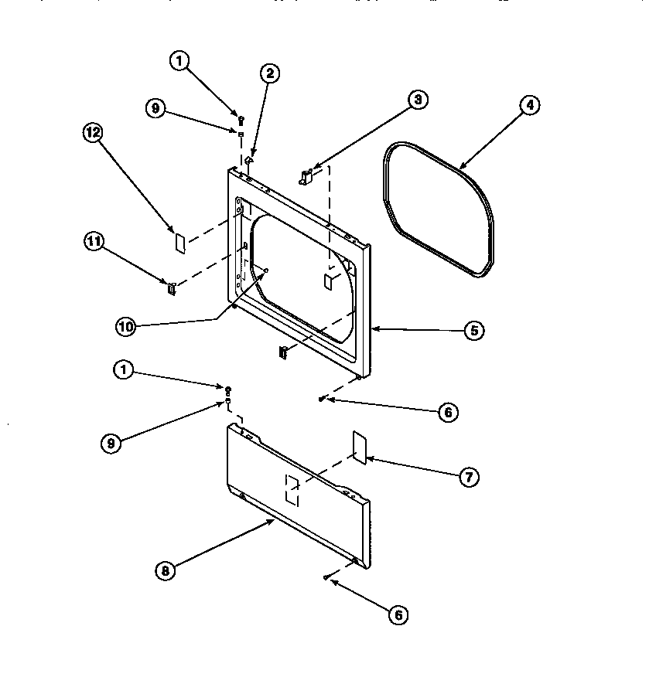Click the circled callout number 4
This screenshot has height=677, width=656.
coord(529,106)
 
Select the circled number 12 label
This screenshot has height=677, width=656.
coord(93,132)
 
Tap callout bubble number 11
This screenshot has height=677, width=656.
coord(93,242)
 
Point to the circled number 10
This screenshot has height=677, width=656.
coord(125,327)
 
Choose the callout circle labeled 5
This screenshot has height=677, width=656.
coord(473,330)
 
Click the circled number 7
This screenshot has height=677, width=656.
coord(467,477)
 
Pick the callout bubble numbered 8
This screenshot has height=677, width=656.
coord(164,571)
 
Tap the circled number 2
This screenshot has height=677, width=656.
coord(269,74)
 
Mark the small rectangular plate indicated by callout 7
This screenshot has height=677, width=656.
coord(358,447)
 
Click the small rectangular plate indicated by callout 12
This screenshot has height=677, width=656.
coord(178,242)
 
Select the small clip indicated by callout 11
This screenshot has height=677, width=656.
coord(171,289)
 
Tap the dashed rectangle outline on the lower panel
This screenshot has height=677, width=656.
coord(292,490)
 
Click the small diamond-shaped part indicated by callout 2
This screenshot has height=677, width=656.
coord(248,161)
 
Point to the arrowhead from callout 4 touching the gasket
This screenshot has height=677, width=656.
coord(460,167)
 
